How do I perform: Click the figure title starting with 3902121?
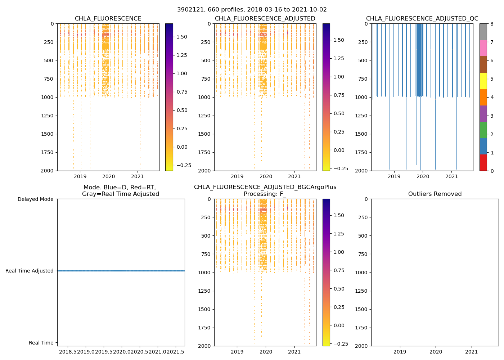[252, 10]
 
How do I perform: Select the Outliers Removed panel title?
[435, 194]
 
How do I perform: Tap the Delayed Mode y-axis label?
[35, 199]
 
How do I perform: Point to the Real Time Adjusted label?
[29, 271]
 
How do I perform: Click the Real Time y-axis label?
[41, 343]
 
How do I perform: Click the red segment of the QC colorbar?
[483, 163]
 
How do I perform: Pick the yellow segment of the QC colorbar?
[483, 81]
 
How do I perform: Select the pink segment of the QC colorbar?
[483, 48]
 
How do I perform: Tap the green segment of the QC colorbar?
[483, 130]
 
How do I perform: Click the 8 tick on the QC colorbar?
[491, 24]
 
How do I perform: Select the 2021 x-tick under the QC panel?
[451, 176]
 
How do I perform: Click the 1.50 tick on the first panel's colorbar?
[182, 37]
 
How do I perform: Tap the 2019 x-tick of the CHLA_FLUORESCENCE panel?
[80, 176]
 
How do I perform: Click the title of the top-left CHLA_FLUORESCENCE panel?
[108, 19]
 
